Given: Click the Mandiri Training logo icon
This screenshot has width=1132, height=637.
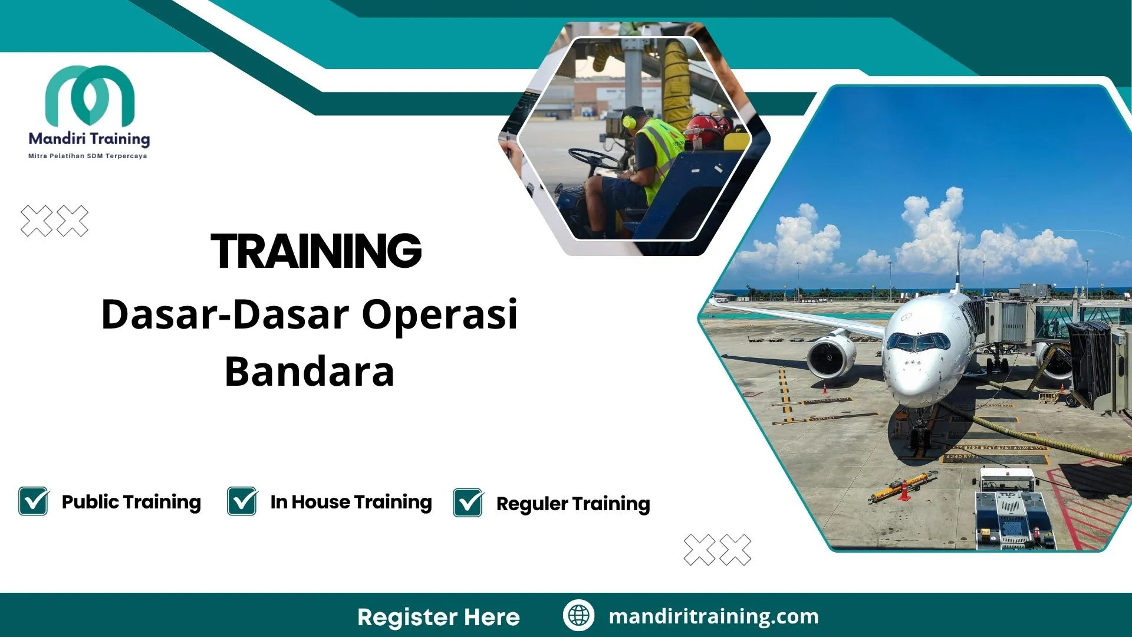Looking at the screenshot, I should (90, 94).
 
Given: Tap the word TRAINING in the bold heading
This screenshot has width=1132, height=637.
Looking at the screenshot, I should (316, 251).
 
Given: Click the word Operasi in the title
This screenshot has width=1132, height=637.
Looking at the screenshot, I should (439, 314).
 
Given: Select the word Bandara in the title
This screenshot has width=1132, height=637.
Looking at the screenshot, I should (310, 372).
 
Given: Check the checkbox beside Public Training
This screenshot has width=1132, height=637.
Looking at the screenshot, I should (34, 501).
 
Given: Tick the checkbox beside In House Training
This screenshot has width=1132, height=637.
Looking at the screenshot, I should (242, 501).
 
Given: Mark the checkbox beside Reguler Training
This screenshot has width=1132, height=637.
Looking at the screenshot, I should (468, 503).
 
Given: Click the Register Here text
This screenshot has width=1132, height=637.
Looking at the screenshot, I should (439, 617).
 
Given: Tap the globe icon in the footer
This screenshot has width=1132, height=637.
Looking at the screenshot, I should (578, 616).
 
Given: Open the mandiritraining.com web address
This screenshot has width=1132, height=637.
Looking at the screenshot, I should (713, 616).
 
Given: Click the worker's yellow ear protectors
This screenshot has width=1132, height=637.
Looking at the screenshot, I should (629, 122).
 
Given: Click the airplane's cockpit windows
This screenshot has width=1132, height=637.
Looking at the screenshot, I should (917, 342).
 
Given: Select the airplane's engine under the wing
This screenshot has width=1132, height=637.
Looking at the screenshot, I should (831, 357).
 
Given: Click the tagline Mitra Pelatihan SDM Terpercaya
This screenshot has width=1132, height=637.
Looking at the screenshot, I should (88, 156).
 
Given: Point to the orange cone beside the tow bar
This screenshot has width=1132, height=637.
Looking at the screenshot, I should (903, 491).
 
